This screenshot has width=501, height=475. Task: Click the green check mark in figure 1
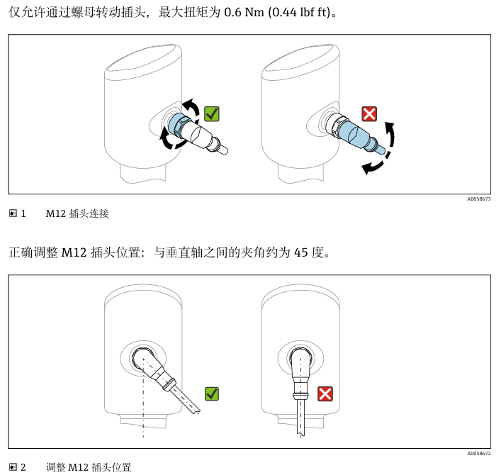point(211,113)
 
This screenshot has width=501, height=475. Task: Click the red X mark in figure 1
point(369,113)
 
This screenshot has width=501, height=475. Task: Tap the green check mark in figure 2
point(211,393)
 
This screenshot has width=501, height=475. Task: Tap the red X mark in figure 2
point(325,393)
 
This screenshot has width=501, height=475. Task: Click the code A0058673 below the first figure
point(478,199)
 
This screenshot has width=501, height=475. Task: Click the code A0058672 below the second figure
point(478,454)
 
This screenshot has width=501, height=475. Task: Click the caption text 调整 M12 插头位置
point(89,468)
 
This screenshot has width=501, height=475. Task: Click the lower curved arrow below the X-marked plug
point(374,167)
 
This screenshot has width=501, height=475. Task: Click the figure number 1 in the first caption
point(23,213)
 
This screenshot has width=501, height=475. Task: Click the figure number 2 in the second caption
point(23,468)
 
